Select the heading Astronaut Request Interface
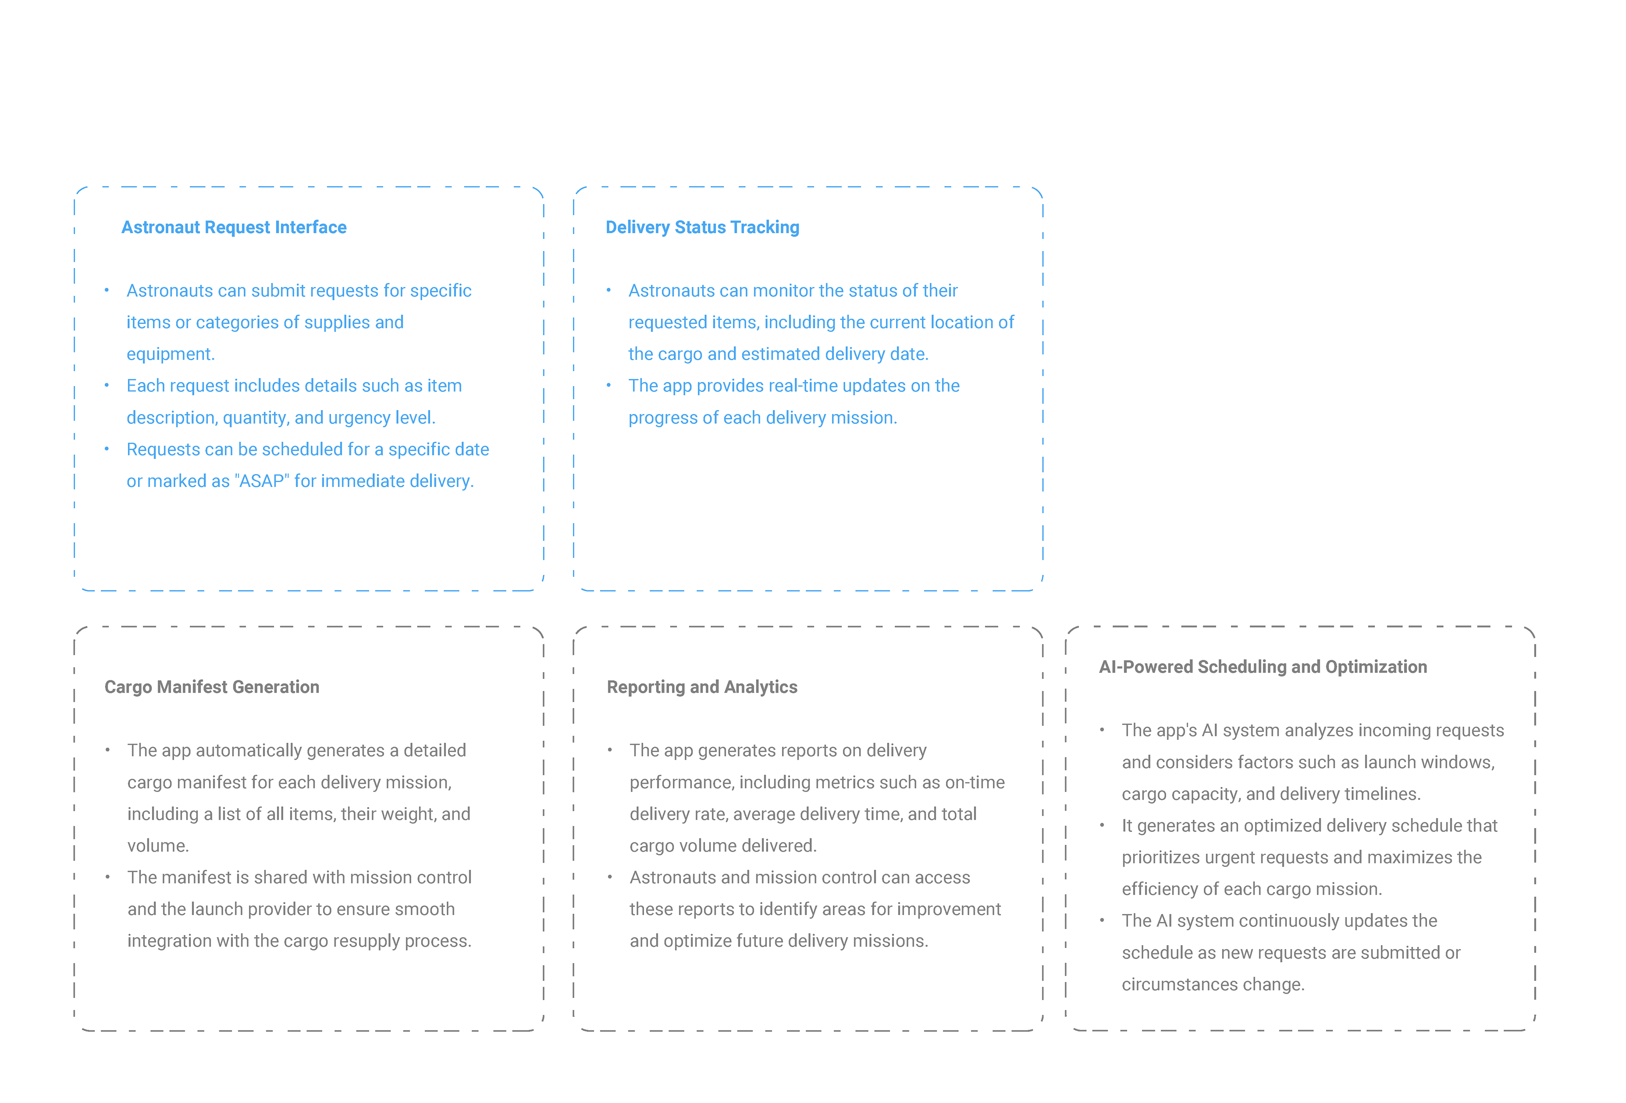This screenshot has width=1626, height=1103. [x=234, y=227]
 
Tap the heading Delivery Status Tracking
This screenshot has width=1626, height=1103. [x=702, y=227]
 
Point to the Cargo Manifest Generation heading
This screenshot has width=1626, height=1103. [x=211, y=687]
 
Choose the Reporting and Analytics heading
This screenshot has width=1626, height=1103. [x=702, y=687]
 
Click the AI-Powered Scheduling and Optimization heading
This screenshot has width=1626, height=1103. [x=1263, y=667]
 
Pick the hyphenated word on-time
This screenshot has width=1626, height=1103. [x=975, y=783]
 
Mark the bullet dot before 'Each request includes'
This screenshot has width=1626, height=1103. [x=107, y=386]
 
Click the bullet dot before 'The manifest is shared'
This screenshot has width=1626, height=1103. [x=108, y=877]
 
